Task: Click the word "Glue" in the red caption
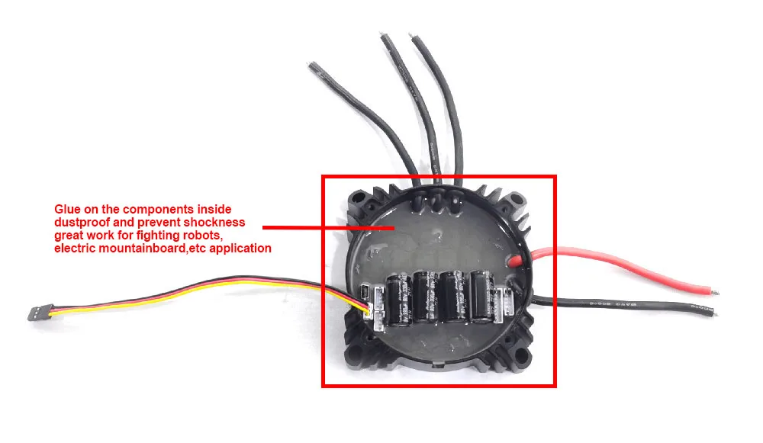pos(66,209)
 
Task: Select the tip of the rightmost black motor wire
pos(416,39)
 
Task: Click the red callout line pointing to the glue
pos(328,226)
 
